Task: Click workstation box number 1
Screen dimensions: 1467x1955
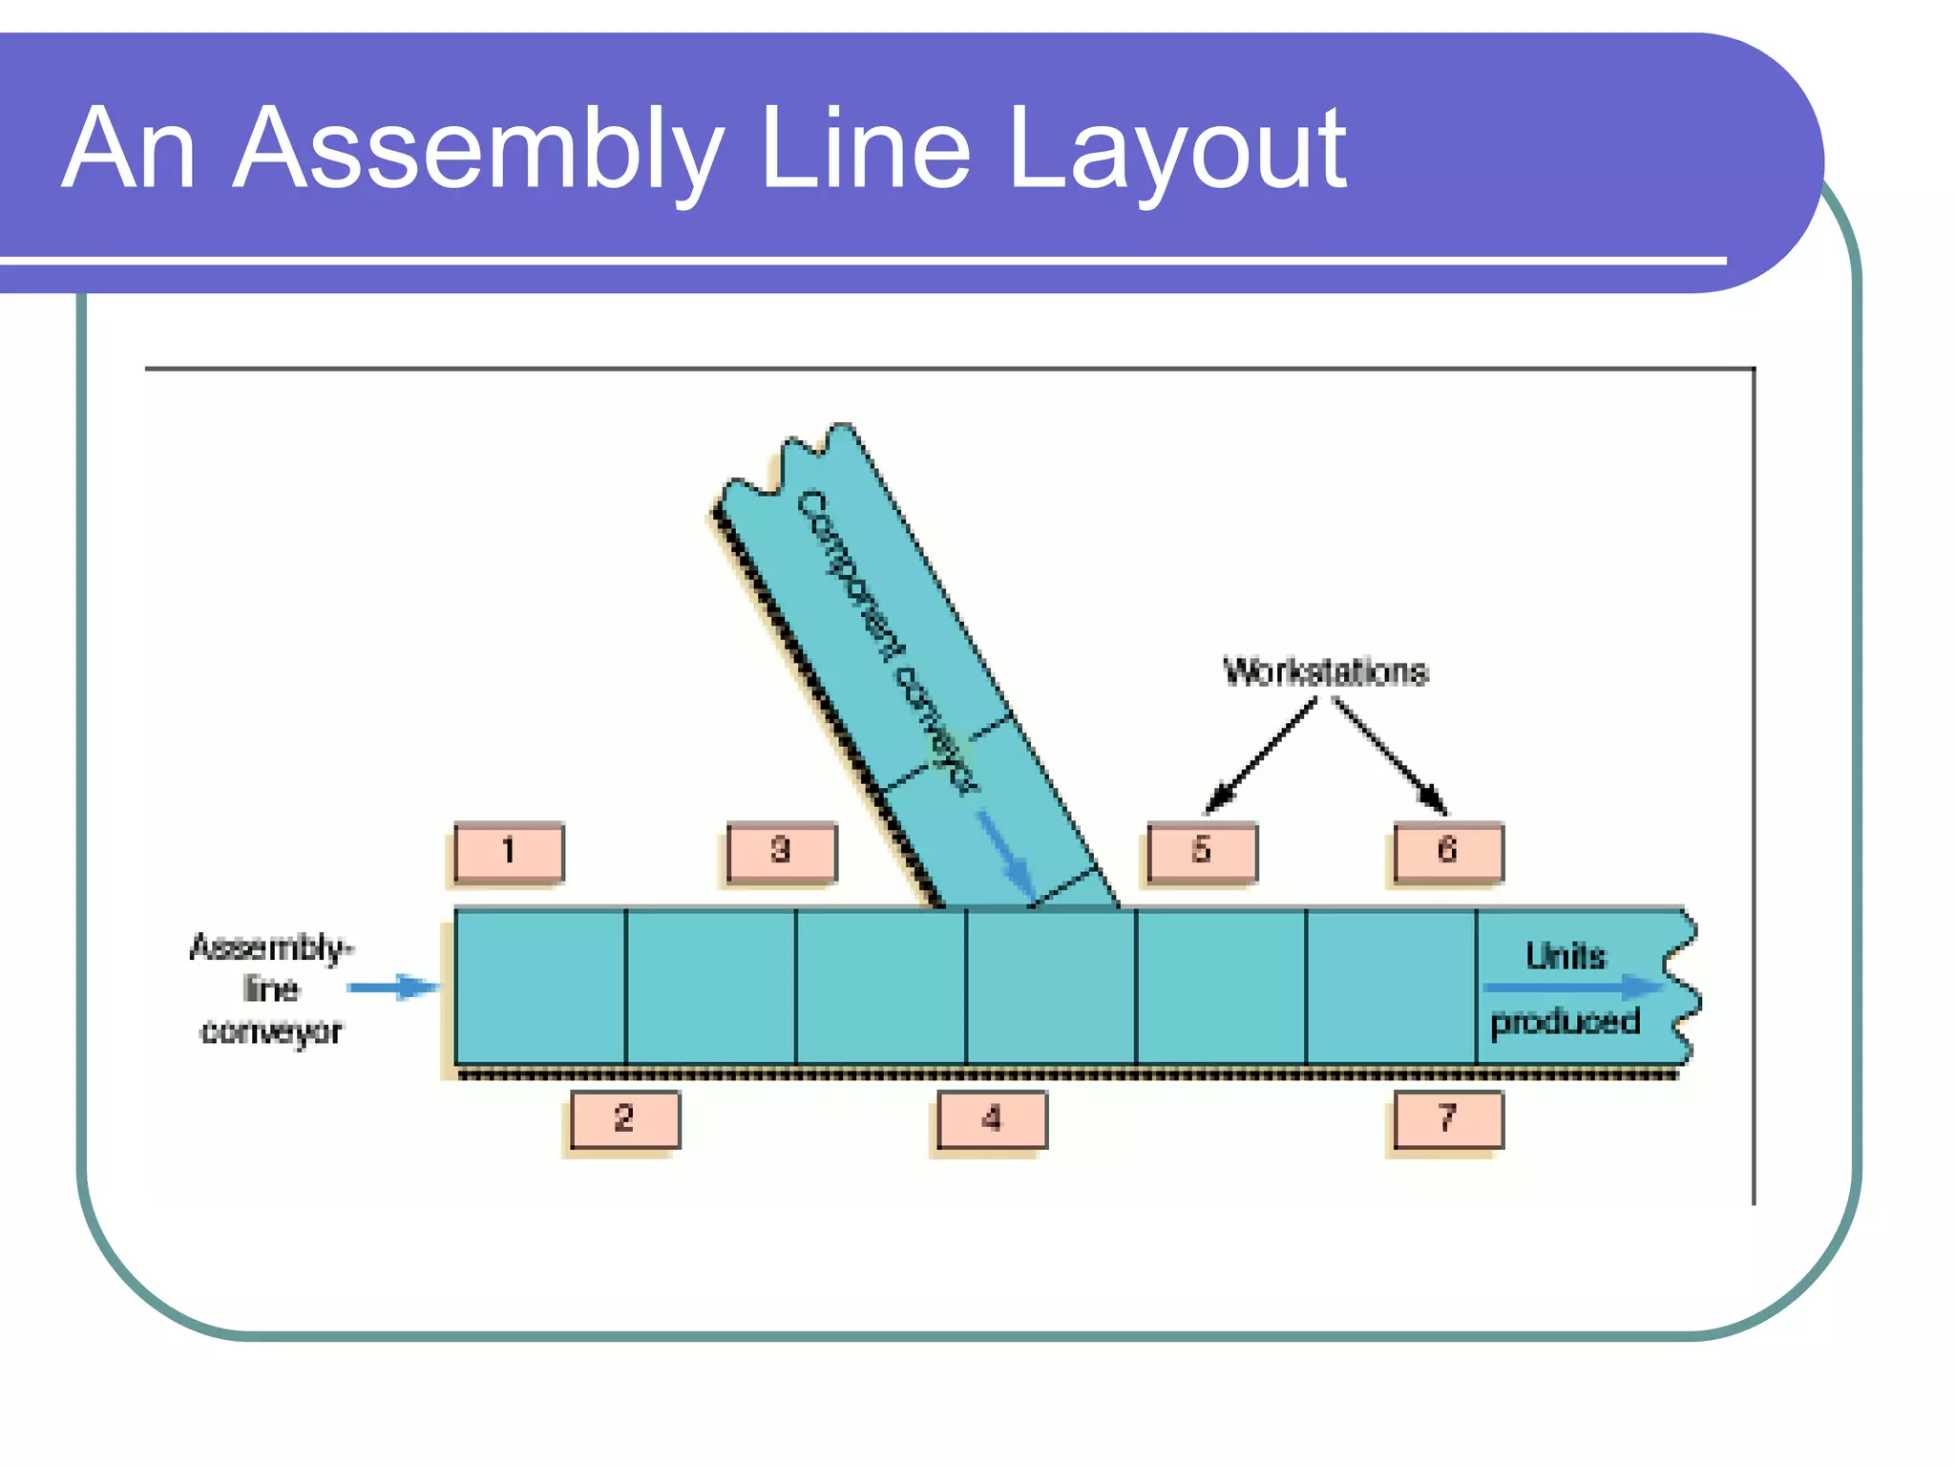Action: [509, 851]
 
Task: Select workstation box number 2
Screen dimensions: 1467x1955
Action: [625, 1118]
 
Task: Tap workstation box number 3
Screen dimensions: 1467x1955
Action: [781, 851]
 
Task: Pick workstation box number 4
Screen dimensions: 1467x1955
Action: [992, 1118]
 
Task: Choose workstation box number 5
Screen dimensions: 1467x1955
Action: [1202, 851]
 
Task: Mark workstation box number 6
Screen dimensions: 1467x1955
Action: [1448, 851]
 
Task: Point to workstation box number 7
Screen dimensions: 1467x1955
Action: [1448, 1118]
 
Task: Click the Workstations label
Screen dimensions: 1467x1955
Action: [1325, 672]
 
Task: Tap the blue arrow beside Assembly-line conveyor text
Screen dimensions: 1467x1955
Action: [392, 987]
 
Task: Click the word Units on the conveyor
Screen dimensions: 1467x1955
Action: [1566, 956]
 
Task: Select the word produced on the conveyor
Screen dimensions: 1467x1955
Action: [1566, 1022]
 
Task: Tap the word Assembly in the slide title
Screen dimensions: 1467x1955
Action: [477, 151]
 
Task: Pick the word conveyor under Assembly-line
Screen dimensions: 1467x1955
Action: [271, 1031]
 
